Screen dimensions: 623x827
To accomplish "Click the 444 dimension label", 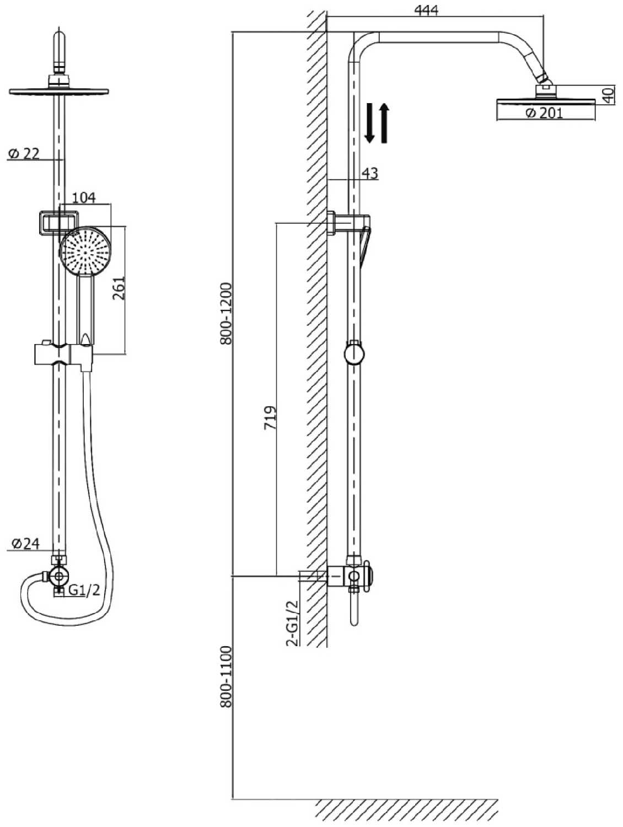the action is [x=426, y=10].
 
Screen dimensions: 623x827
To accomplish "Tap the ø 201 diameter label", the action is [x=544, y=112].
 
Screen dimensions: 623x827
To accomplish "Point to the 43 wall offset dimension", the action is [x=369, y=173].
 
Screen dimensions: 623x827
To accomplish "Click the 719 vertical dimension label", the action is [x=270, y=417].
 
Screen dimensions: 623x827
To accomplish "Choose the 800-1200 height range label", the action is [x=227, y=314].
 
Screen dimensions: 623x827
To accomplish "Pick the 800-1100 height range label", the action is [x=227, y=677].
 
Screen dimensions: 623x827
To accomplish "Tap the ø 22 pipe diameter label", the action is [x=23, y=153].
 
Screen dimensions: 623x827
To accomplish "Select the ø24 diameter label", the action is [x=25, y=543].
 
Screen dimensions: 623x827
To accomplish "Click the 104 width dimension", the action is [x=84, y=197].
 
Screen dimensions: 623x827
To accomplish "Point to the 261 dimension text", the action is [x=119, y=288].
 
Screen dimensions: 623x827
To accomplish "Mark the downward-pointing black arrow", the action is [x=369, y=123].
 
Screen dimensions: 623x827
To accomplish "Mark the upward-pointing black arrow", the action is [x=384, y=123].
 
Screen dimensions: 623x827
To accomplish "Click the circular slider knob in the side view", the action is [x=354, y=354].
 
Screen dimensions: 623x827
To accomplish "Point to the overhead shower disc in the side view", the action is [x=546, y=101].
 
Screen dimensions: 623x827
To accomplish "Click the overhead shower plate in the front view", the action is [x=59, y=92].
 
